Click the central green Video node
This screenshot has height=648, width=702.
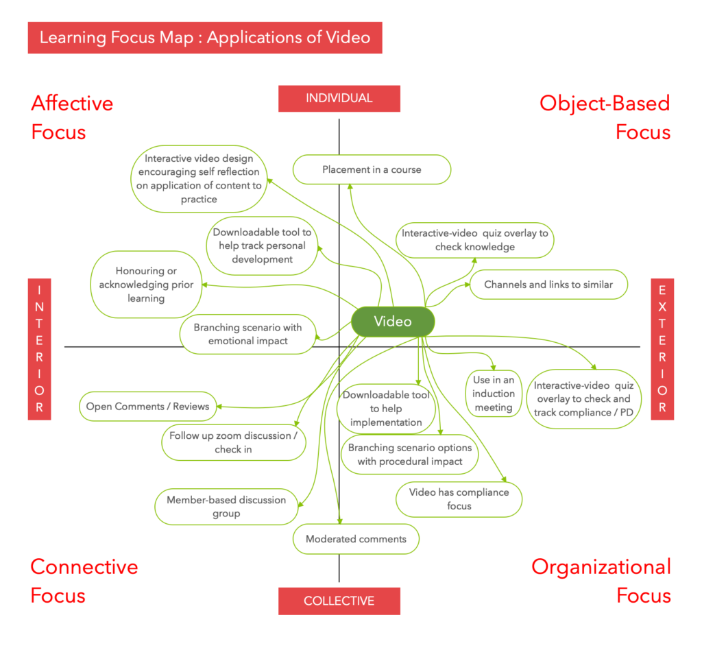click(393, 322)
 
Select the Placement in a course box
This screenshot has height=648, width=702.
click(372, 169)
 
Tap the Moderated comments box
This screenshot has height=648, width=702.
click(356, 539)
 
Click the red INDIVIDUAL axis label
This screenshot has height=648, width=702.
click(339, 98)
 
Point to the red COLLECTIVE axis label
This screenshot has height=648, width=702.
click(339, 601)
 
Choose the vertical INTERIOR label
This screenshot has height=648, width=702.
click(39, 348)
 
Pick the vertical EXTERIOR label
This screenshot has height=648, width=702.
click(662, 348)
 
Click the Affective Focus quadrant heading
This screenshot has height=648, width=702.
click(72, 117)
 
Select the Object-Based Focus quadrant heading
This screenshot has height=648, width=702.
click(605, 117)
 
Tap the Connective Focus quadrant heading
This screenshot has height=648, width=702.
click(84, 581)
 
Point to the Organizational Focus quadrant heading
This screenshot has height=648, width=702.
click(601, 581)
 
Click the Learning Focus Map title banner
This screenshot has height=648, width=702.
click(204, 37)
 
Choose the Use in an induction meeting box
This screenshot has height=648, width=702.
click(493, 394)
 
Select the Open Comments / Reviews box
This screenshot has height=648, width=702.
click(147, 406)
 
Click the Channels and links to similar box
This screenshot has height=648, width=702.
click(548, 285)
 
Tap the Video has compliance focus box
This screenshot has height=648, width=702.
click(459, 499)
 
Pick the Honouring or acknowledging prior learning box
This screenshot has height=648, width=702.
click(146, 285)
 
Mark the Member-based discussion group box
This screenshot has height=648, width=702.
click(226, 507)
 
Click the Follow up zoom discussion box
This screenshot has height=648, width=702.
click(234, 442)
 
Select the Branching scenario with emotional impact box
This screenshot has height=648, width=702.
click(247, 334)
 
